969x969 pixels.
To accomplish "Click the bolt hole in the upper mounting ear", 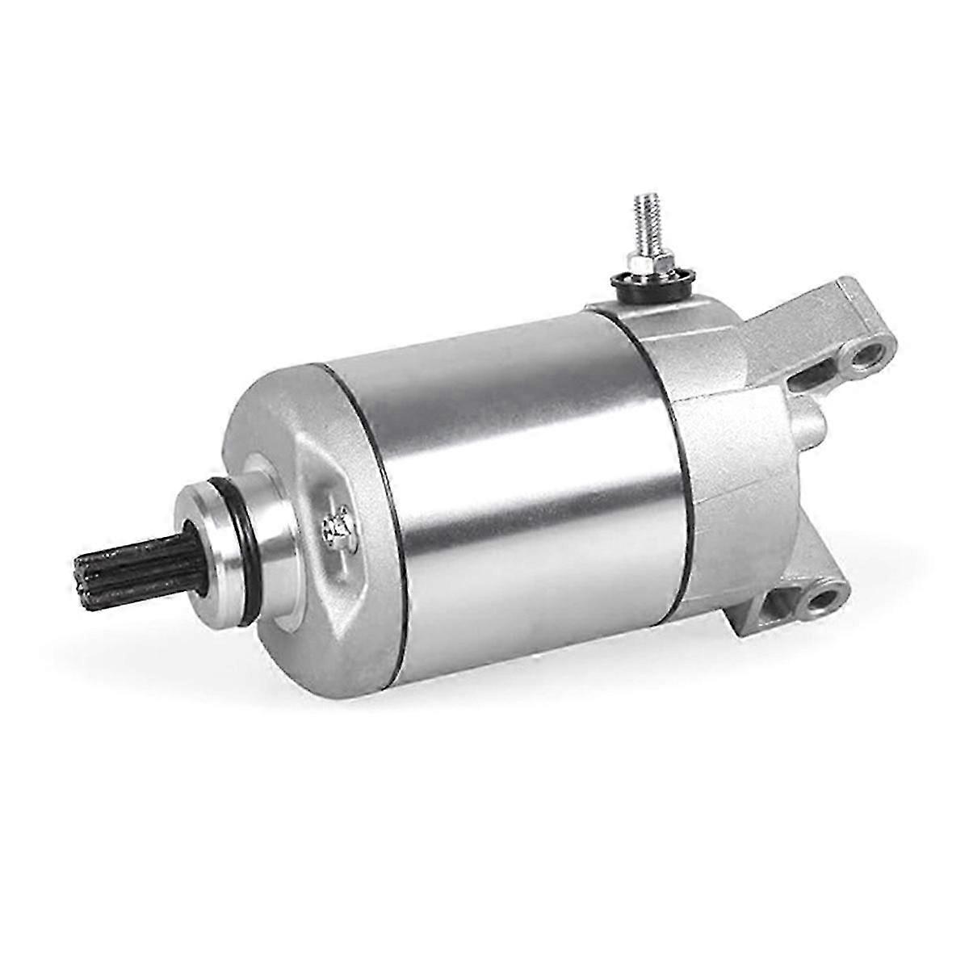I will (x=870, y=355).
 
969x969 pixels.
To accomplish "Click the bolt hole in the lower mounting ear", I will (x=823, y=599).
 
